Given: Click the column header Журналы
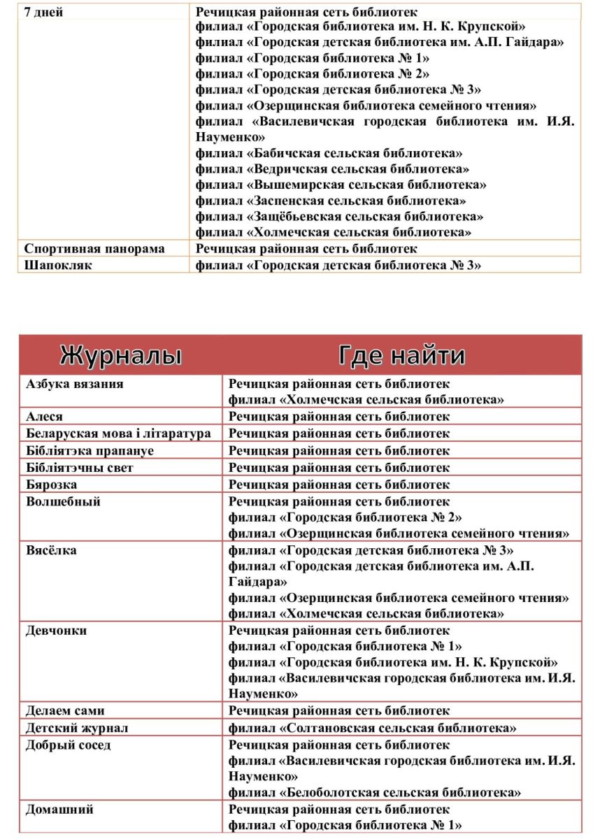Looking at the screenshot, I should point(121,356).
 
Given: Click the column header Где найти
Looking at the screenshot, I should point(401,356).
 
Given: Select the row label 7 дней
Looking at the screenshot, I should point(43,13).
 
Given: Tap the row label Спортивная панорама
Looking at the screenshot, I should point(94,249).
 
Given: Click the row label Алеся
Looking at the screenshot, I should point(44,417).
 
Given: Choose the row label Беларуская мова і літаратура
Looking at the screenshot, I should point(118,433).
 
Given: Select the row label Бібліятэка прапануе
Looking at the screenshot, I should point(90,451).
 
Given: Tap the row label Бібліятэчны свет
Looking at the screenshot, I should point(79,468).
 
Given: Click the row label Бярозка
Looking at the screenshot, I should point(51,485).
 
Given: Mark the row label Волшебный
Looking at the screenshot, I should point(63,502).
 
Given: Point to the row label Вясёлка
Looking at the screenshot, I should point(51,551).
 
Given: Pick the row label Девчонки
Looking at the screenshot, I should point(56,631).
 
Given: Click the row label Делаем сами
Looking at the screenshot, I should point(65,711).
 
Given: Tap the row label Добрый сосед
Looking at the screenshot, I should point(68,745).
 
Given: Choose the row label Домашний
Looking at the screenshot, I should point(59,810).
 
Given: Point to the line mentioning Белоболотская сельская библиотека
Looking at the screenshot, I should point(375,793).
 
